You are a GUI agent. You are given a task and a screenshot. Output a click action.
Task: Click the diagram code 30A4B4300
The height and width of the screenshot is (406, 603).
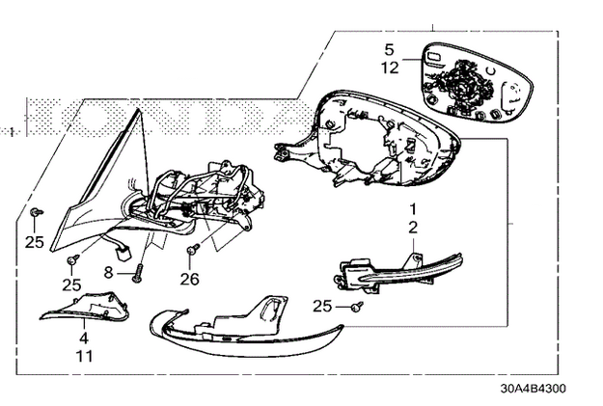pyautogui.click(x=533, y=389)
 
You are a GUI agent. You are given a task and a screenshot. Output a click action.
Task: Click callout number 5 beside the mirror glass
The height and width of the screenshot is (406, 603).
pyautogui.click(x=389, y=49)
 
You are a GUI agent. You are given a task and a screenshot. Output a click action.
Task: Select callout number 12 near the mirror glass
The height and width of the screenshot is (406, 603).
pyautogui.click(x=390, y=68)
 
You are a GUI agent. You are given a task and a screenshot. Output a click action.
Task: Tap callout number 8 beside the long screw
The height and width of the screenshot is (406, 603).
pyautogui.click(x=108, y=273)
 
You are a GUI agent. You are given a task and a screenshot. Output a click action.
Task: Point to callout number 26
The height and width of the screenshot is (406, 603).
pyautogui.click(x=190, y=279)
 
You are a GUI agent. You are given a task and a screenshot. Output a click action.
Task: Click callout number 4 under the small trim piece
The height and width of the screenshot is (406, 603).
pyautogui.click(x=84, y=338)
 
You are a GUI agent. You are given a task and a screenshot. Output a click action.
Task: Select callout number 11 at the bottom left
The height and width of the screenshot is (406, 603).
pyautogui.click(x=84, y=357)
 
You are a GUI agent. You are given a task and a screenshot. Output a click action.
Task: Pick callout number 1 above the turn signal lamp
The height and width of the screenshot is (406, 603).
pyautogui.click(x=413, y=209)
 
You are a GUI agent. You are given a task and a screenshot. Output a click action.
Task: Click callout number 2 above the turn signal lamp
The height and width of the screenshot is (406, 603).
pyautogui.click(x=413, y=228)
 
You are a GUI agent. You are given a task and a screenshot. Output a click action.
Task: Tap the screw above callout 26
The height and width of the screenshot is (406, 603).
pyautogui.click(x=193, y=249)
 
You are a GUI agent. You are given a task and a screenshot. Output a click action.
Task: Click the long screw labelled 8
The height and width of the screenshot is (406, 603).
pyautogui.click(x=138, y=273)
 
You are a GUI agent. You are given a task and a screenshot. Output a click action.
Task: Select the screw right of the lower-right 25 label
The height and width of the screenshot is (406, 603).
pyautogui.click(x=357, y=306)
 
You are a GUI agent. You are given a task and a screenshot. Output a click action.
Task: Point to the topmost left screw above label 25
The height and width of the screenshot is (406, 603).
pyautogui.click(x=36, y=211)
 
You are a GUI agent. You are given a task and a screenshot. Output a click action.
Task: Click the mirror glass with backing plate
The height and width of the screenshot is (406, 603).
pyautogui.click(x=477, y=83)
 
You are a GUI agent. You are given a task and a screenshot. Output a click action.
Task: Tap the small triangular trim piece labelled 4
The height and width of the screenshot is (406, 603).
pyautogui.click(x=85, y=307)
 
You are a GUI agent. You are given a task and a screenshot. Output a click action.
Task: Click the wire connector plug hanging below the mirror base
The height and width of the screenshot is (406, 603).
pyautogui.click(x=123, y=255)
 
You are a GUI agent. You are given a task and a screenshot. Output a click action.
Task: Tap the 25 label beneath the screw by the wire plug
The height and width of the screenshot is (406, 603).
pyautogui.click(x=71, y=284)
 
